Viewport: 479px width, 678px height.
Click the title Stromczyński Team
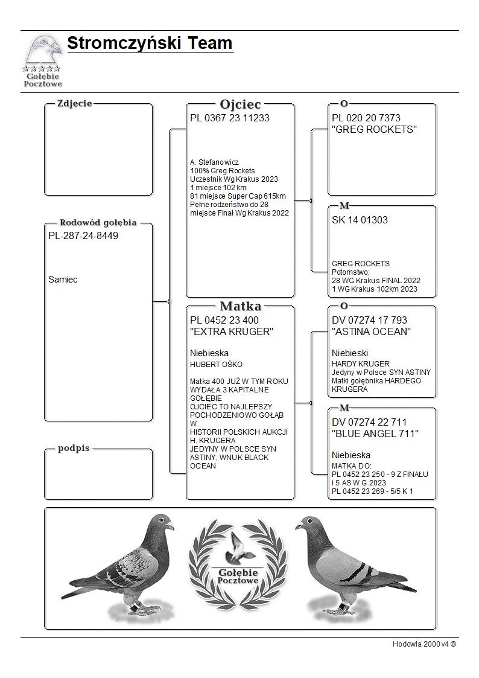150,43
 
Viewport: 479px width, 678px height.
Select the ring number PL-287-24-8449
83,236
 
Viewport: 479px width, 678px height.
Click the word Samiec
63,280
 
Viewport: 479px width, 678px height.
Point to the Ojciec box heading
240,104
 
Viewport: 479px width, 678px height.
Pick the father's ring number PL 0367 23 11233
229,118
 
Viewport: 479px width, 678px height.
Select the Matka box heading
240,306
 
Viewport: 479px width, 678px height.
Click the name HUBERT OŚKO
216,364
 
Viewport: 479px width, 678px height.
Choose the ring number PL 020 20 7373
366,118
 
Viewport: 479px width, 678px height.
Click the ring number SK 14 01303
360,220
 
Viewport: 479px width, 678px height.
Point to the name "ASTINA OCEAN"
372,331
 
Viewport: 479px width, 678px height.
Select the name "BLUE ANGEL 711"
375,433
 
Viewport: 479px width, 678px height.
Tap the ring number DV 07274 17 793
369,320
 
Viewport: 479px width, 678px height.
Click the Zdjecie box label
74,103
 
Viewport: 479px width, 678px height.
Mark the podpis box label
74,449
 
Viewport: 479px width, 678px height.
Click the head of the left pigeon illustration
162,522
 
